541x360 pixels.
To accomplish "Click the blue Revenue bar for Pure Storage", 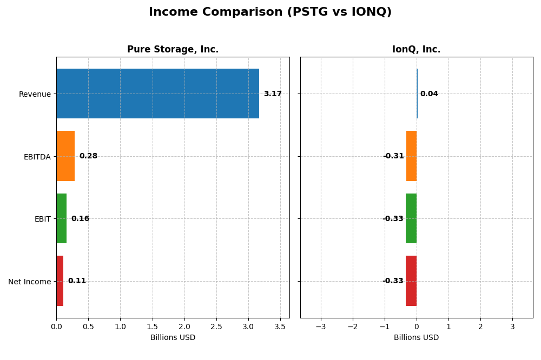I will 157,94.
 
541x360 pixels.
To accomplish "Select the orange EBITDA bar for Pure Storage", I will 65,156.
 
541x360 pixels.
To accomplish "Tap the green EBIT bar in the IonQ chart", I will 411,218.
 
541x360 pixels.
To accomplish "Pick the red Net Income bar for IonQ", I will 411,281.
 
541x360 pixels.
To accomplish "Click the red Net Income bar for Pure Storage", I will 60,281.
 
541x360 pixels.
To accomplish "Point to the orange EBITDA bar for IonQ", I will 412,156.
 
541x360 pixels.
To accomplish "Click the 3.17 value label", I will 273,94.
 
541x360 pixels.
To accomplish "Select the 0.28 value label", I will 88,156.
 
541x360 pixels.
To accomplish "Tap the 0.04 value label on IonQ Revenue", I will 429,94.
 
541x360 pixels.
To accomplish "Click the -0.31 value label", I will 393,156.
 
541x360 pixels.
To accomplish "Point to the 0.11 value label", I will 77,281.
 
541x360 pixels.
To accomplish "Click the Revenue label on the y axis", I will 35,95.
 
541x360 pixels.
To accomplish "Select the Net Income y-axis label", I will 29,282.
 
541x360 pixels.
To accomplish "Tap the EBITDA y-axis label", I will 37,157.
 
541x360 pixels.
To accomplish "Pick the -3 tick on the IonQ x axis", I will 321,327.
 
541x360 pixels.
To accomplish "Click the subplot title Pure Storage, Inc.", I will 173,50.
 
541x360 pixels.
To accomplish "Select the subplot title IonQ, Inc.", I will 416,50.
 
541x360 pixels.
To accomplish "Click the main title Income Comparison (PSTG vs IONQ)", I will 270,12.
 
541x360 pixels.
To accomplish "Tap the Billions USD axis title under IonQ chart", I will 416,338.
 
